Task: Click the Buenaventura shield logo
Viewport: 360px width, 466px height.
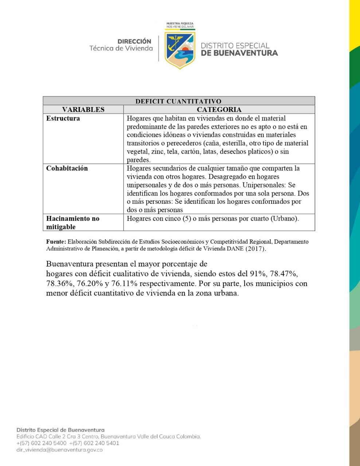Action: pyautogui.click(x=180, y=50)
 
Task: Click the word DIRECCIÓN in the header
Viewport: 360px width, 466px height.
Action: pyautogui.click(x=134, y=42)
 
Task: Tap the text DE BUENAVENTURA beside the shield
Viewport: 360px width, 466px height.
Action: pyautogui.click(x=239, y=53)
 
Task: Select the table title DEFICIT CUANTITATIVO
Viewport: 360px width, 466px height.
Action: pyautogui.click(x=178, y=101)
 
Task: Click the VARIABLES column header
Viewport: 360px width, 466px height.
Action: pyautogui.click(x=83, y=110)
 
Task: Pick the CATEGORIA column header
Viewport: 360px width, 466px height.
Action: pyautogui.click(x=219, y=110)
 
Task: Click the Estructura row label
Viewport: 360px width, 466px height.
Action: pyautogui.click(x=63, y=118)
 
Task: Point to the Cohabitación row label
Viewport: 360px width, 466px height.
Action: pyautogui.click(x=67, y=168)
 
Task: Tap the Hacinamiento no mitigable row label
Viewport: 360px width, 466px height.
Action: pyautogui.click(x=73, y=222)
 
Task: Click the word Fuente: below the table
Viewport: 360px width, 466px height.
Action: pyautogui.click(x=56, y=242)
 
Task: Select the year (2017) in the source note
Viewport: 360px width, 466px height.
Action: pyautogui.click(x=256, y=249)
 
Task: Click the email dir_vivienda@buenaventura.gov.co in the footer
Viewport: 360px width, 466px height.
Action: pyautogui.click(x=59, y=450)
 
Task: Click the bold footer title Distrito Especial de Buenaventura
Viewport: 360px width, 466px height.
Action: pyautogui.click(x=60, y=430)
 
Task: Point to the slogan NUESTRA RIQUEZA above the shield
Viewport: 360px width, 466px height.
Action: pyautogui.click(x=180, y=23)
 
